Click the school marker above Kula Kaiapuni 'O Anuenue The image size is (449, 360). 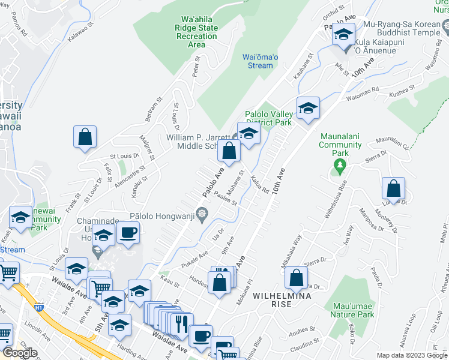343,34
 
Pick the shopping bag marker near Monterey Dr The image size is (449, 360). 393,188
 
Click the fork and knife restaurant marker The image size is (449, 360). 181,323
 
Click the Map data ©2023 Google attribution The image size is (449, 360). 411,355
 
